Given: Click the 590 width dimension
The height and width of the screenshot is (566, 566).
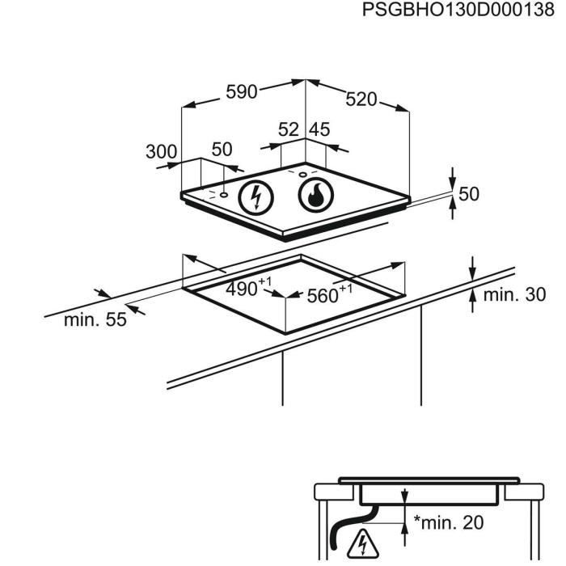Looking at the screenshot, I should pyautogui.click(x=241, y=92).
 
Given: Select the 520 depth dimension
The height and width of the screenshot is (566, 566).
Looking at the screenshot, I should pyautogui.click(x=361, y=99).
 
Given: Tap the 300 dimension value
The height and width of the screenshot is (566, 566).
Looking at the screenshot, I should pyautogui.click(x=161, y=150).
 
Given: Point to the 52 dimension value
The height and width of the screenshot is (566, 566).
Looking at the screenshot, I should pyautogui.click(x=289, y=129).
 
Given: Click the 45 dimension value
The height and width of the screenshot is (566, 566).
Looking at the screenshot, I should pyautogui.click(x=319, y=129).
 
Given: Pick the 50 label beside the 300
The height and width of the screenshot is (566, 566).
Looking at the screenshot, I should pyautogui.click(x=222, y=150).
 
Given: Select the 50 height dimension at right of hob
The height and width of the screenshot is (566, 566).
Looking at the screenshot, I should pyautogui.click(x=469, y=194).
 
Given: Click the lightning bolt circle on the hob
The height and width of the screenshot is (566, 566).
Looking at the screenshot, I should pyautogui.click(x=256, y=196).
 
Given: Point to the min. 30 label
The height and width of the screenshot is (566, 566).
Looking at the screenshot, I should pyautogui.click(x=514, y=295).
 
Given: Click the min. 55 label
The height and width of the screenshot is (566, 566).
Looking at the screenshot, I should pyautogui.click(x=95, y=319).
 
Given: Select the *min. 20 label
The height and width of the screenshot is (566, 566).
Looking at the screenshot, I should pyautogui.click(x=449, y=523).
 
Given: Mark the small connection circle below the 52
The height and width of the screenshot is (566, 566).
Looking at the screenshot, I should pyautogui.click(x=302, y=173).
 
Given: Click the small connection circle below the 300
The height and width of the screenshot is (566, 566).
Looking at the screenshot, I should pyautogui.click(x=222, y=195).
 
